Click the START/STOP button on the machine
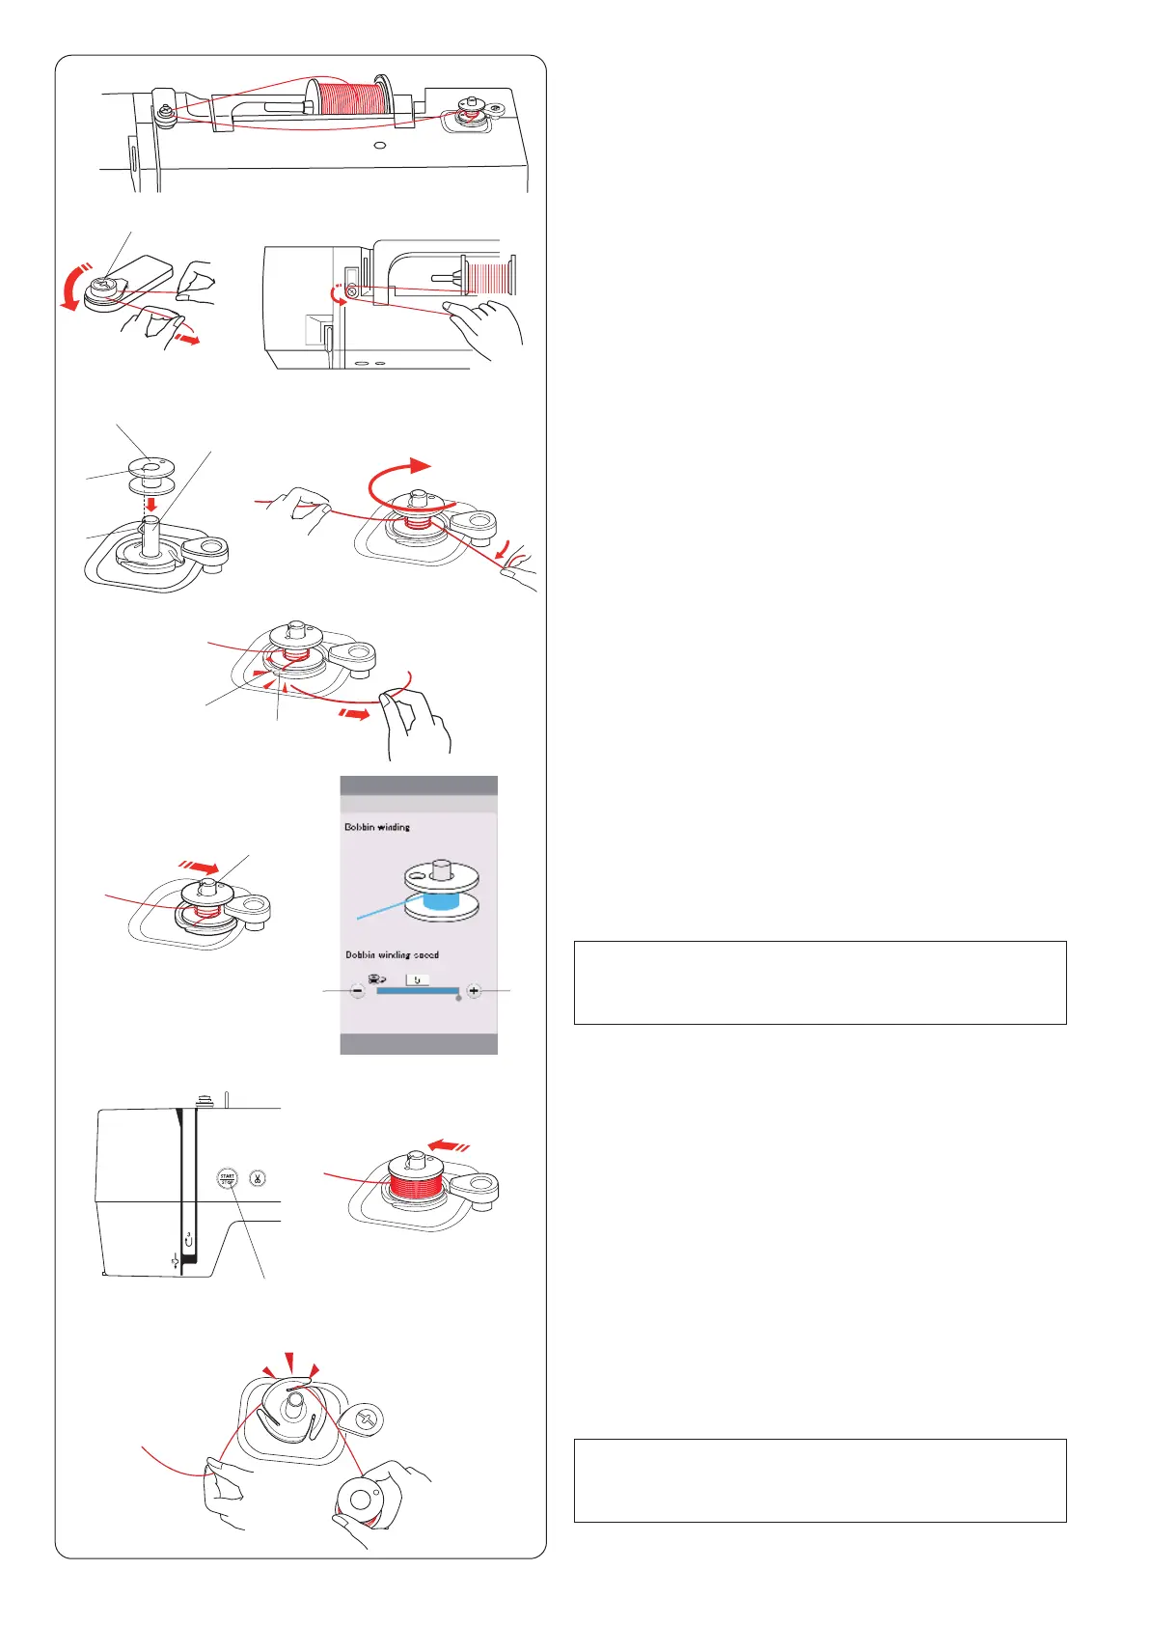(228, 1177)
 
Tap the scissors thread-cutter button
(258, 1177)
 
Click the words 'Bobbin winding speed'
(392, 954)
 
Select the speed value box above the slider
(417, 978)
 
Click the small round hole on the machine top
(380, 146)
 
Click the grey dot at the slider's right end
(458, 999)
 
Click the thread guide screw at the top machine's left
(167, 113)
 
